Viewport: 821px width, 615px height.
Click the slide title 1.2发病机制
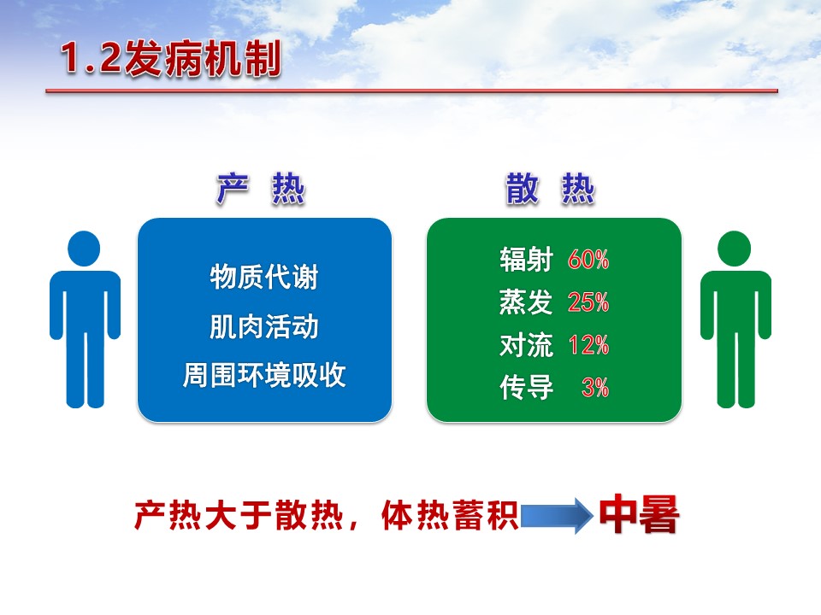(x=171, y=59)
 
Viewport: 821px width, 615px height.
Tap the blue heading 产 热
(x=260, y=188)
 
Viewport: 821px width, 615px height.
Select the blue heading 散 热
(x=550, y=188)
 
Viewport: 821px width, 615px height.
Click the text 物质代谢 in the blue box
(x=264, y=277)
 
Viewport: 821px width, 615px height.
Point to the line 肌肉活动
(x=264, y=326)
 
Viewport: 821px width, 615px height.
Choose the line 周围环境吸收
(x=264, y=375)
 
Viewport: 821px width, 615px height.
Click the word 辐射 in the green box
(x=526, y=259)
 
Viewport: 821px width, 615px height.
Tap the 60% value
(x=588, y=260)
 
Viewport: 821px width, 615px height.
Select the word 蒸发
(x=526, y=302)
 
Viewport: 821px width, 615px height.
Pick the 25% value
(x=588, y=302)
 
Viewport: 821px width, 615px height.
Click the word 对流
(x=526, y=344)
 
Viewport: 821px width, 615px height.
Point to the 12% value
(x=589, y=345)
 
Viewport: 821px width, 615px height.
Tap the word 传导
(x=526, y=388)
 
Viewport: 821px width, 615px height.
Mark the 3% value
(x=595, y=388)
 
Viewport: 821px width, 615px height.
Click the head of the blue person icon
(x=84, y=249)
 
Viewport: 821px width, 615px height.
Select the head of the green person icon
(x=734, y=249)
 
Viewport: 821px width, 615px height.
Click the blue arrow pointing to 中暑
(x=557, y=516)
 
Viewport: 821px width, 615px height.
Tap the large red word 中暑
(x=640, y=514)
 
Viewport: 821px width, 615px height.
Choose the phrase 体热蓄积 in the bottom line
(x=451, y=515)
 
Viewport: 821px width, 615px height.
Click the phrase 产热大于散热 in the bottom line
(x=239, y=515)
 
